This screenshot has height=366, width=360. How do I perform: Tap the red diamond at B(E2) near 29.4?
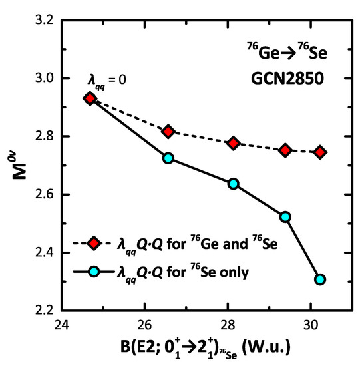(285, 150)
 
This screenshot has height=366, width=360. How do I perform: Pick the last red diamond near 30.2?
(320, 152)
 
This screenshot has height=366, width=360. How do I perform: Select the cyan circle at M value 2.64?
(234, 184)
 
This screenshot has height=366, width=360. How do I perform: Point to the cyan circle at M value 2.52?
(285, 217)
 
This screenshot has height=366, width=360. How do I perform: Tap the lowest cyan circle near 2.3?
(320, 279)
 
